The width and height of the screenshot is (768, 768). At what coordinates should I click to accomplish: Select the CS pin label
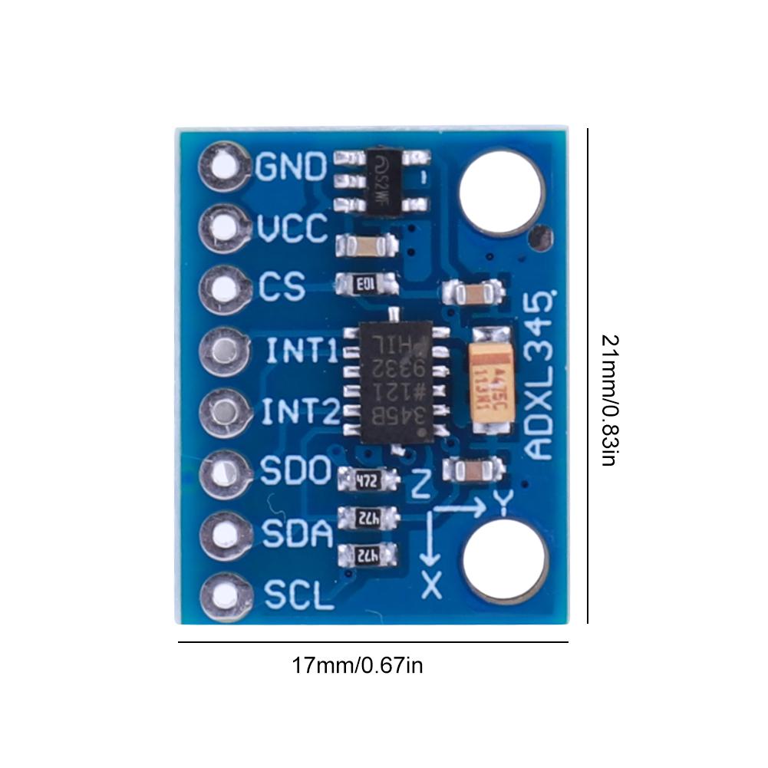pos(282,287)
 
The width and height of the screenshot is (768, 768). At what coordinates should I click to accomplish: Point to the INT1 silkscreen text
pos(302,351)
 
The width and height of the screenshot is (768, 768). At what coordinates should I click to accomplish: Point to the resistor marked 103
pos(367,285)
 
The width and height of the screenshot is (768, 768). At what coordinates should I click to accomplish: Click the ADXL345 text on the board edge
pos(541,376)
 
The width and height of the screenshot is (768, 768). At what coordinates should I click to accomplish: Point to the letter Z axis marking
pos(421,484)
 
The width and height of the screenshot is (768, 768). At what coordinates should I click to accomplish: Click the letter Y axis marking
pos(503,502)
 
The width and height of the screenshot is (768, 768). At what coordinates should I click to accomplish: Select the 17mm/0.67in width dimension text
pos(357,664)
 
